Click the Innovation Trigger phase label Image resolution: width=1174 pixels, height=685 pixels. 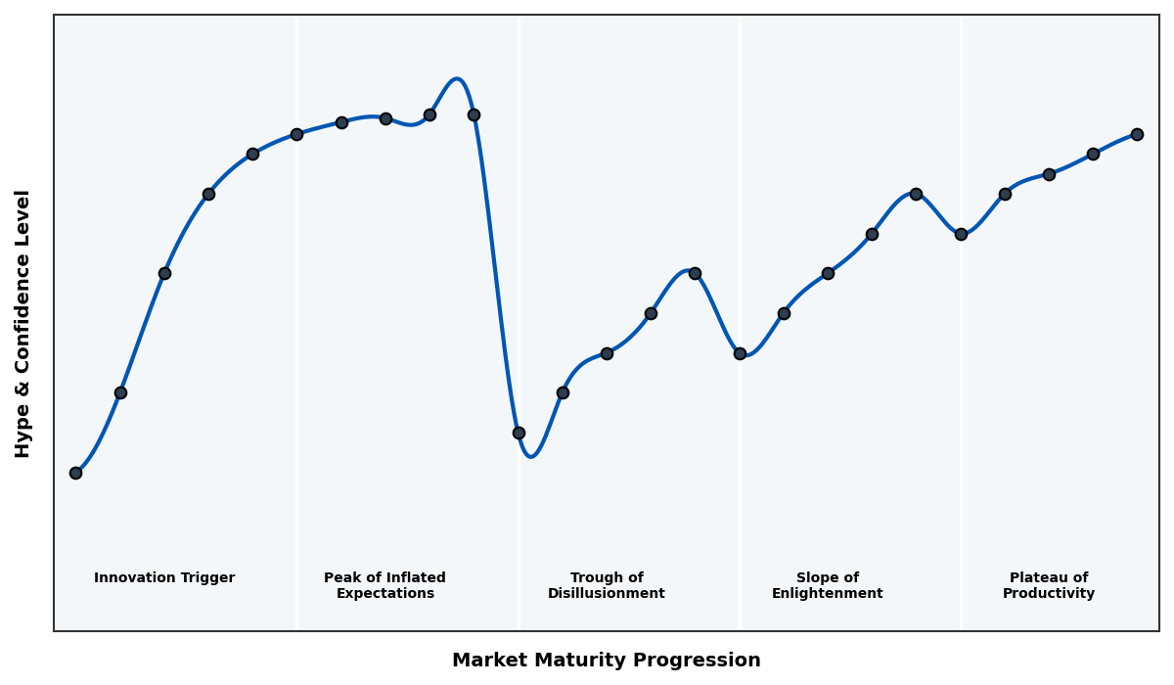click(164, 578)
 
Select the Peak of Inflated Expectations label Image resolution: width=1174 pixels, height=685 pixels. click(384, 585)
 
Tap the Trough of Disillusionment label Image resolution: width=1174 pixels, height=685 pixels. click(607, 585)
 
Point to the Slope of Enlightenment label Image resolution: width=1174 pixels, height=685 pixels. click(828, 585)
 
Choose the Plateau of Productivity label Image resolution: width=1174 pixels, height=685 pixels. click(1049, 585)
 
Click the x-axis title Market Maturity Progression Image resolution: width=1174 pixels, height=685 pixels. click(607, 661)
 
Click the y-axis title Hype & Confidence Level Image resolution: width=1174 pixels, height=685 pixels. click(23, 323)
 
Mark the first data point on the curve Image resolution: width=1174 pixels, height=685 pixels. click(75, 473)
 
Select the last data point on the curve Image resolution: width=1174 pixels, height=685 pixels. click(1137, 134)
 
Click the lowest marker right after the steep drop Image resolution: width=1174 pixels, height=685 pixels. click(519, 433)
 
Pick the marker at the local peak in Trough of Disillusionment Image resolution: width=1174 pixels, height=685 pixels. click(695, 273)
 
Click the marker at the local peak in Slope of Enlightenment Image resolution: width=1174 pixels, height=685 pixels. click(916, 194)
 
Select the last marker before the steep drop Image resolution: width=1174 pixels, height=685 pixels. click(474, 114)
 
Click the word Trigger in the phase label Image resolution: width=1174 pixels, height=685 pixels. click(208, 578)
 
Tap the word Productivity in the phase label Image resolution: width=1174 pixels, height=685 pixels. click(1049, 594)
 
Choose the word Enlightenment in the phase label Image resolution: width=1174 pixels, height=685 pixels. click(828, 594)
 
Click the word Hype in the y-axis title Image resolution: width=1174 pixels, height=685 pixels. click(23, 437)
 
